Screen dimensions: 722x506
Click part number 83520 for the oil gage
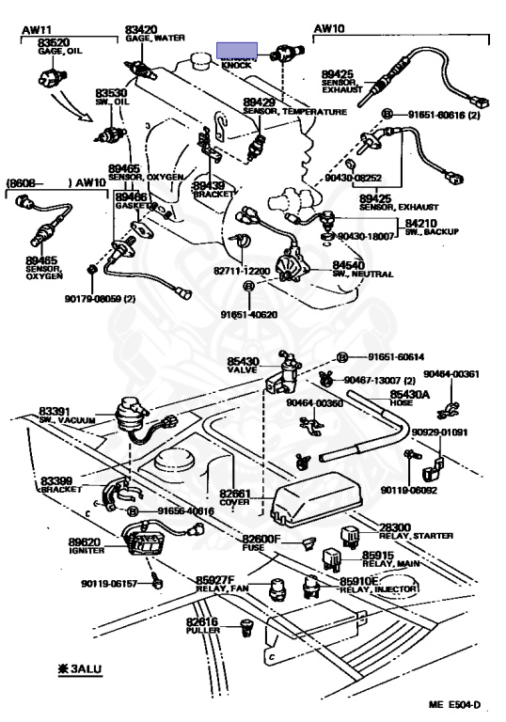click(x=55, y=42)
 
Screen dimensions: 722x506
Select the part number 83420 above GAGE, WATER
click(x=142, y=29)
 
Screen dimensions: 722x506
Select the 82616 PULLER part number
click(x=201, y=621)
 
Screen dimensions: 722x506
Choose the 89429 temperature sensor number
click(x=260, y=102)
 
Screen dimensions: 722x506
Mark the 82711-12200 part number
click(x=242, y=271)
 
